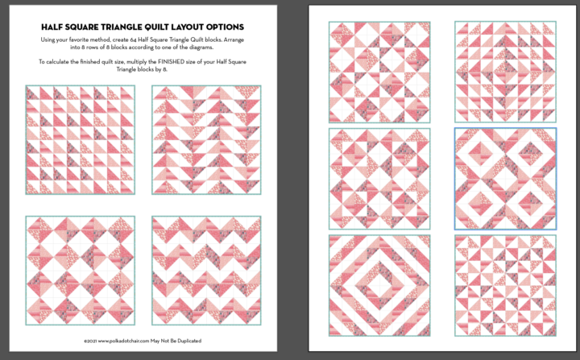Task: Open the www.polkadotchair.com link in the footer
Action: [132, 341]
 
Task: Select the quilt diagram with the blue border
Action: [505, 178]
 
